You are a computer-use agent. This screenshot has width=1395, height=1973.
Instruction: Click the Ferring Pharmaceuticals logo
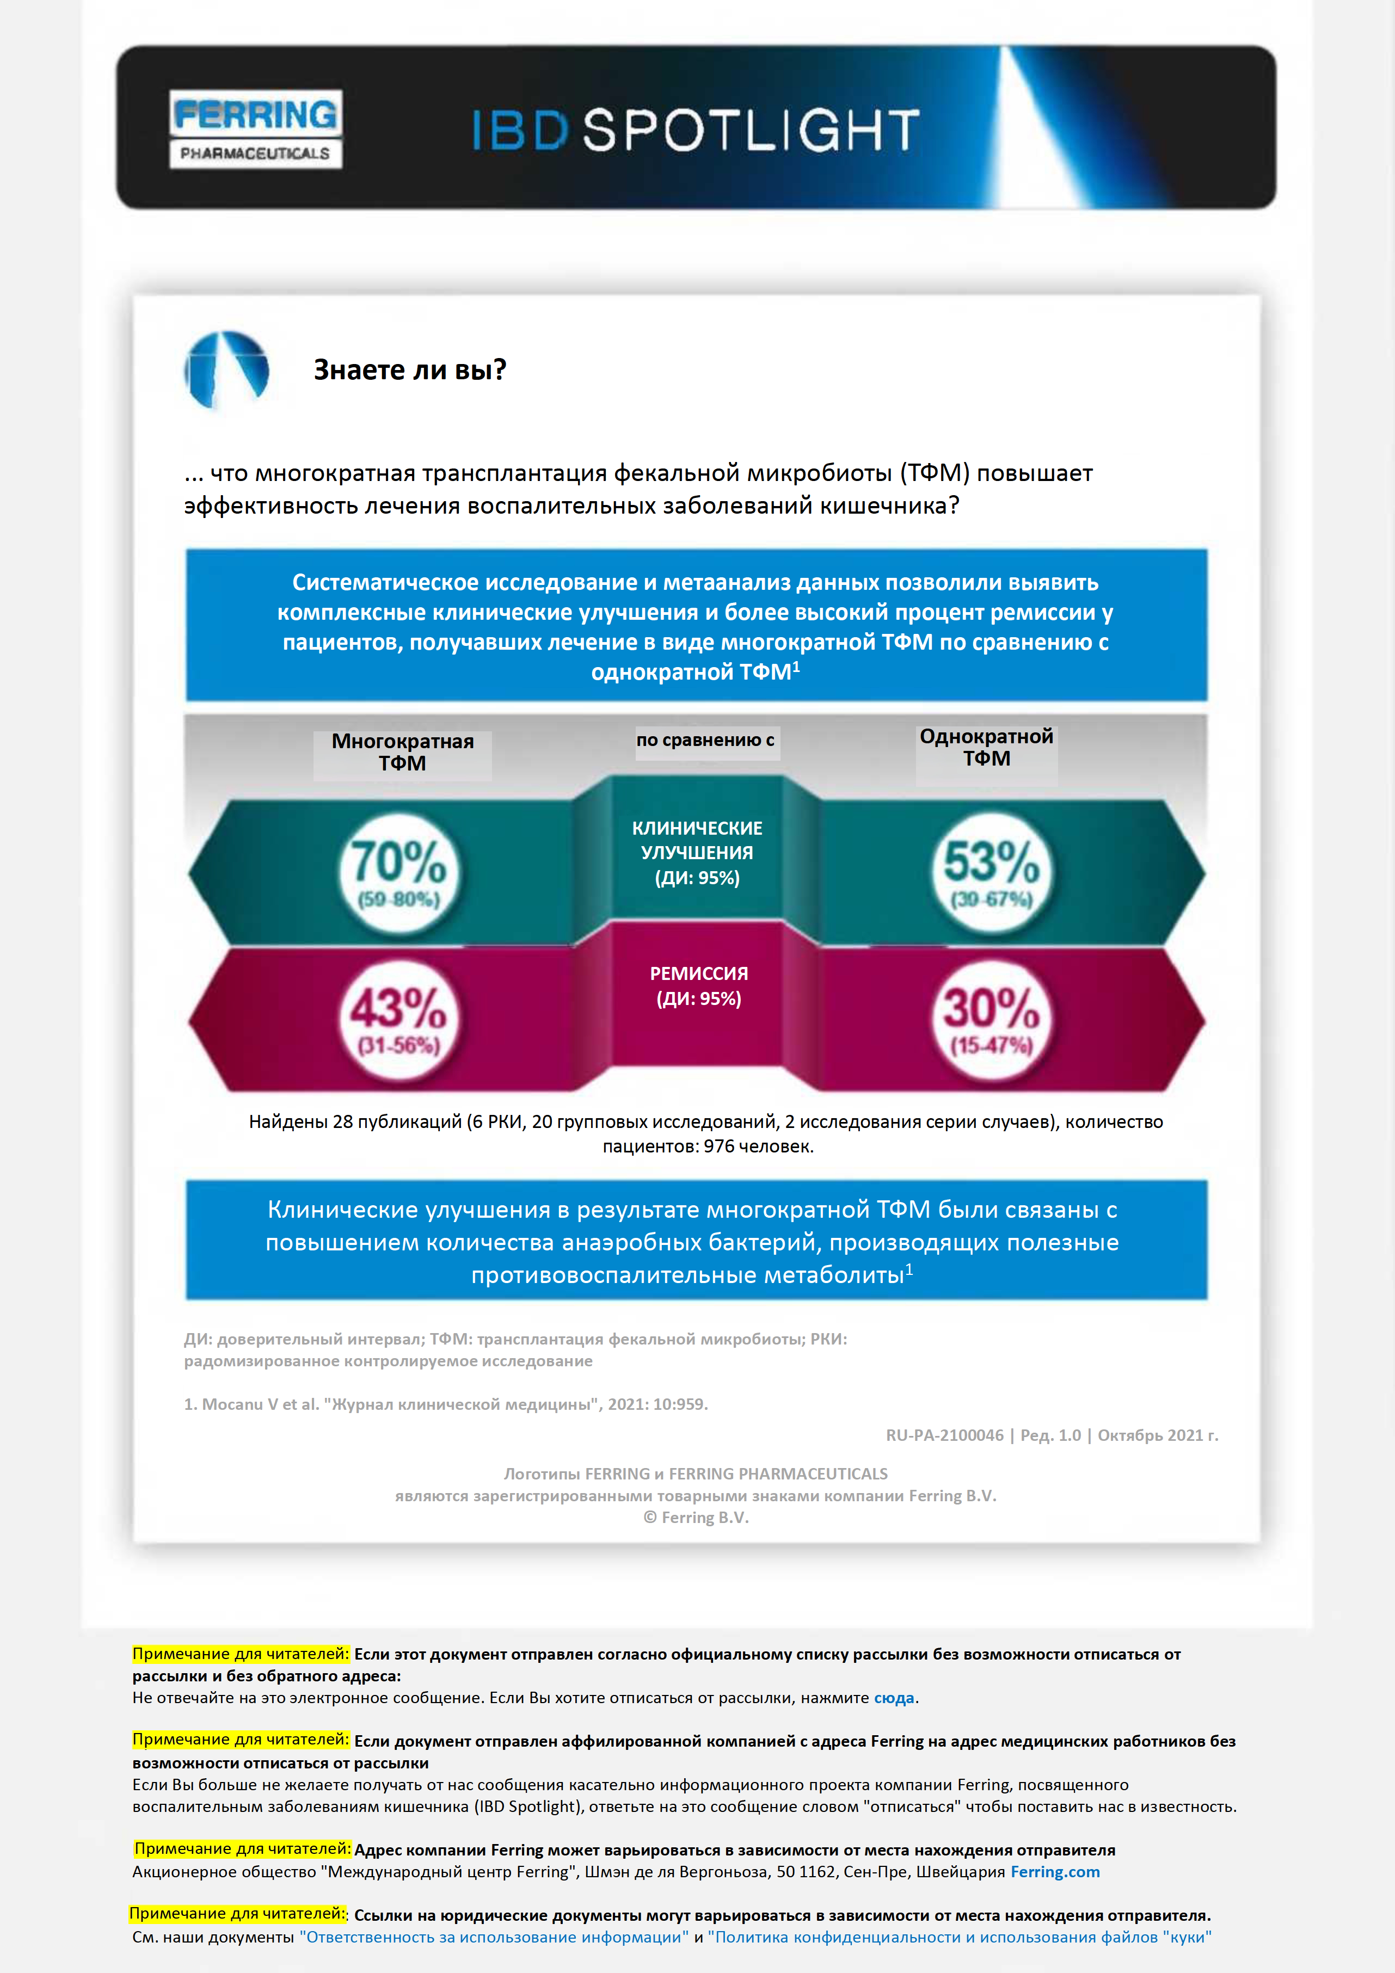pos(255,129)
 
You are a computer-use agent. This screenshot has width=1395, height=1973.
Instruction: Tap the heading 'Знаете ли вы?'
pos(410,369)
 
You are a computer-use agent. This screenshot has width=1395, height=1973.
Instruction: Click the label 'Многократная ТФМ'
pos(402,752)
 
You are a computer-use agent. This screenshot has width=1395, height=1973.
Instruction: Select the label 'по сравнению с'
pos(705,740)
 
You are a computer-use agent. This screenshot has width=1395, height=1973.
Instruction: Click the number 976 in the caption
pos(718,1146)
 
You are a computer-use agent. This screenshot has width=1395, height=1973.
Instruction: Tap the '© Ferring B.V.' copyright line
pos(696,1518)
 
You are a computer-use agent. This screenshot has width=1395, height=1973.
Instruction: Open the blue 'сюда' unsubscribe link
pos(894,1698)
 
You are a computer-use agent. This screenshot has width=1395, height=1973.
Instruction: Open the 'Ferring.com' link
pos(1055,1872)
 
